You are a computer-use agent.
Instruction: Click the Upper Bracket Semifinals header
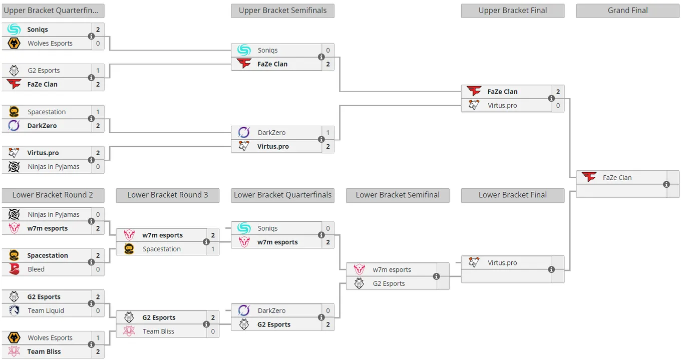coord(282,11)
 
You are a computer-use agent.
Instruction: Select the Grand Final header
coord(627,11)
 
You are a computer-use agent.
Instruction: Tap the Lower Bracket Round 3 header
coord(168,195)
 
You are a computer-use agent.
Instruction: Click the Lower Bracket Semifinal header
coord(398,195)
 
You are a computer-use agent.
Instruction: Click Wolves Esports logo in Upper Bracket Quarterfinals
coord(14,43)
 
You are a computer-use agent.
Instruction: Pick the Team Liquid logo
coord(14,310)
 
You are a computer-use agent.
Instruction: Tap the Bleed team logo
coord(14,269)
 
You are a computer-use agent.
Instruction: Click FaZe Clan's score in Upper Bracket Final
coord(558,92)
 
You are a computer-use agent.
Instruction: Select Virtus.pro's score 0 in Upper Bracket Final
coord(558,106)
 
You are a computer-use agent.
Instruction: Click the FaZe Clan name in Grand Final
coord(617,178)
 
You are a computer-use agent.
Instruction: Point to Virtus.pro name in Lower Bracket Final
coord(502,263)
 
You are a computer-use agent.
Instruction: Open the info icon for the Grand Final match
coord(666,184)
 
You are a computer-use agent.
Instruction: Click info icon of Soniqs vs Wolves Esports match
coord(91,36)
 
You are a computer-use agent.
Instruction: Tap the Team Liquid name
coord(46,310)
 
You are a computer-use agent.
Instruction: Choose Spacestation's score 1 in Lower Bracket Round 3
coord(213,249)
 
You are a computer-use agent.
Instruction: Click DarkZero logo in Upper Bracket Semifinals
coord(244,132)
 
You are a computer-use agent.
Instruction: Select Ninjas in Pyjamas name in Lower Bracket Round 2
coord(54,214)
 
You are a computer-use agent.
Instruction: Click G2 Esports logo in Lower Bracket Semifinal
coord(359,283)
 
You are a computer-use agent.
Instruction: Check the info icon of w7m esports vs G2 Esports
coord(436,276)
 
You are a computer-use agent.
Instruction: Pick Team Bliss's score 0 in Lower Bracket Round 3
coord(213,331)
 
